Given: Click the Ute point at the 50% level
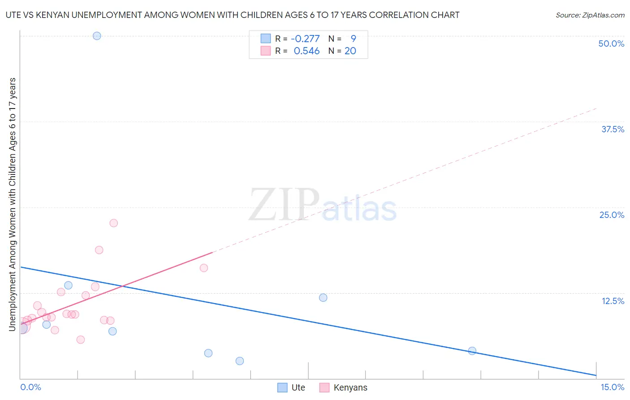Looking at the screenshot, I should point(97,36).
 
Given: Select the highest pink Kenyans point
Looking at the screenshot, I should point(113,223).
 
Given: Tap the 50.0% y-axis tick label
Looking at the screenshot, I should point(611,43).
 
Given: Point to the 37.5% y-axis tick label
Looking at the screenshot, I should point(613,129).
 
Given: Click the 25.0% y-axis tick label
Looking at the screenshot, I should point(612,215).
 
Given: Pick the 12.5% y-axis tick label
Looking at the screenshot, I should point(613,301).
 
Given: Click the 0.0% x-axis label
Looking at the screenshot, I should point(30,387).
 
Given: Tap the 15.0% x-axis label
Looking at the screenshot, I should point(612,387).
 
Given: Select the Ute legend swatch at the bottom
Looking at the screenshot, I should point(282,387).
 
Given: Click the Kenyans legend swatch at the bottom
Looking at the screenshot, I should point(324,387).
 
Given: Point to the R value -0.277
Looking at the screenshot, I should point(305,39).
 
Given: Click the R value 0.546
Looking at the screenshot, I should point(306,51).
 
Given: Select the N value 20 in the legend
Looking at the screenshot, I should point(350,51).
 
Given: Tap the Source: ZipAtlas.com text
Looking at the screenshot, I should point(590,15).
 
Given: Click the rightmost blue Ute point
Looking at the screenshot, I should point(472,351).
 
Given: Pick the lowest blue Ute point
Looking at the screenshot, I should point(240,361).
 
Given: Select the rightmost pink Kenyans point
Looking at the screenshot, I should point(204,268).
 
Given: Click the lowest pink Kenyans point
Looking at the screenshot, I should point(81,339).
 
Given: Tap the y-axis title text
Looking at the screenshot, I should point(12,204).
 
